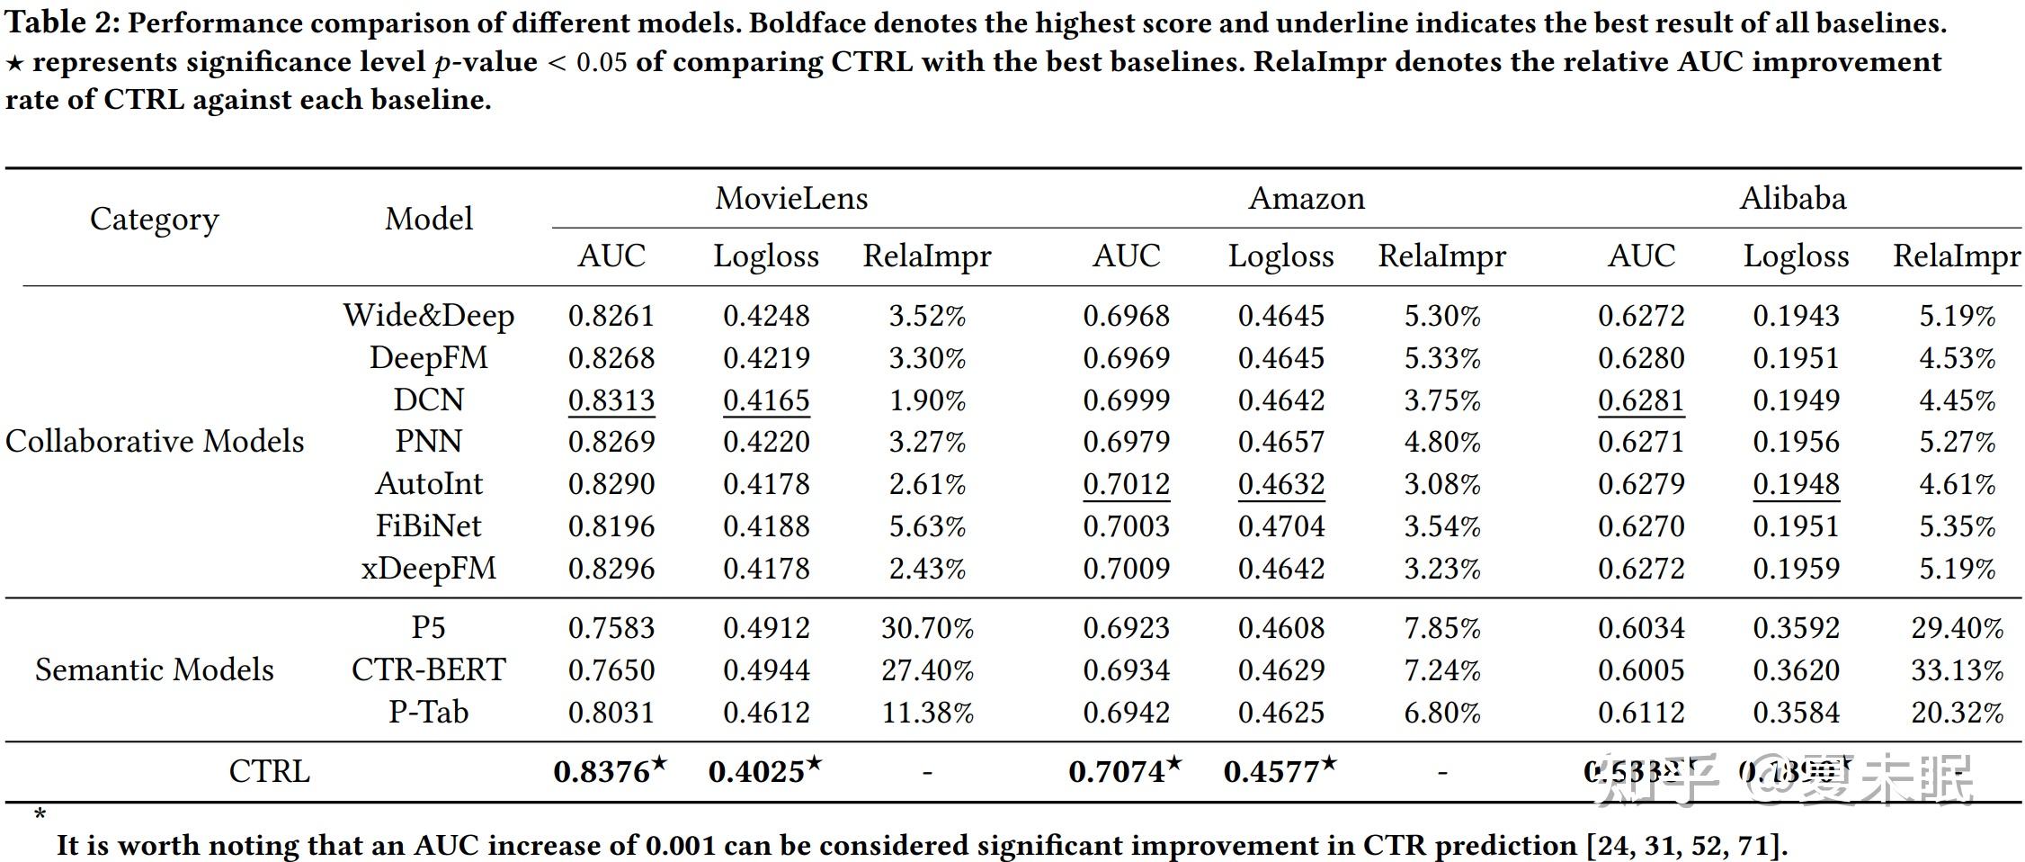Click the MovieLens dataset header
pos(791,198)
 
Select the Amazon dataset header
pos(1307,198)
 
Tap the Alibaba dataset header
pos(1793,198)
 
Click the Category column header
pos(154,219)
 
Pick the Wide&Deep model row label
pos(429,316)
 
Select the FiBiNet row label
pos(429,525)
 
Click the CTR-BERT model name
pos(429,669)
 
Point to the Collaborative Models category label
pos(155,441)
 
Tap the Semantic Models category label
pos(155,669)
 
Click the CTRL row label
pos(269,771)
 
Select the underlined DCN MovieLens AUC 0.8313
pos(611,400)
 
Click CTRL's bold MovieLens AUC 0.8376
pos(602,771)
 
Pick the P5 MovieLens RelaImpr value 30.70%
pos(927,628)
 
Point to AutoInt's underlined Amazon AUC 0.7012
pos(1127,484)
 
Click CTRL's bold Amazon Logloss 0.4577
pos(1271,771)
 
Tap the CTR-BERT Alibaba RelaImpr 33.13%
pos(1957,670)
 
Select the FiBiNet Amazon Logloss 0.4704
pos(1281,525)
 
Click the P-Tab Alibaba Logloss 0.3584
pos(1796,713)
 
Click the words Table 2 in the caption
pos(61,22)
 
